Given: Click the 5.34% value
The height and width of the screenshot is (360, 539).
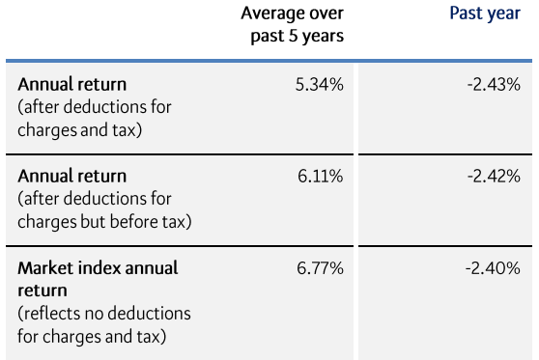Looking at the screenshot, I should (x=320, y=84).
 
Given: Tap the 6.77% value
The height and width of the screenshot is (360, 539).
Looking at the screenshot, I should (x=320, y=268).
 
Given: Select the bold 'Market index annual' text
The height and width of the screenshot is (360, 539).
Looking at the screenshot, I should (x=98, y=267).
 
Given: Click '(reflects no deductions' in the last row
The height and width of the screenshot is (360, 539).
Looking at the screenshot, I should (x=104, y=314).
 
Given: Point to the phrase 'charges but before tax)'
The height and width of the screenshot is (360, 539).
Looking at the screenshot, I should (x=104, y=221).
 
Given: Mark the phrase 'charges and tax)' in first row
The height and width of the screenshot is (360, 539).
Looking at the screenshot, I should (x=80, y=128).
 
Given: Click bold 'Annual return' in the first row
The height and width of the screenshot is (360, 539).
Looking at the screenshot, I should (x=72, y=84).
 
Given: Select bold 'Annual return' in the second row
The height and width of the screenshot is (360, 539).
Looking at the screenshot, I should (x=72, y=177).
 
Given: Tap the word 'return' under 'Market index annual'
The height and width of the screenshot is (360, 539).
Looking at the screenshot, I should (x=43, y=290).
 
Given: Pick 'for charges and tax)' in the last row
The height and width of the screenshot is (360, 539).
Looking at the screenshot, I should (x=93, y=336).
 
